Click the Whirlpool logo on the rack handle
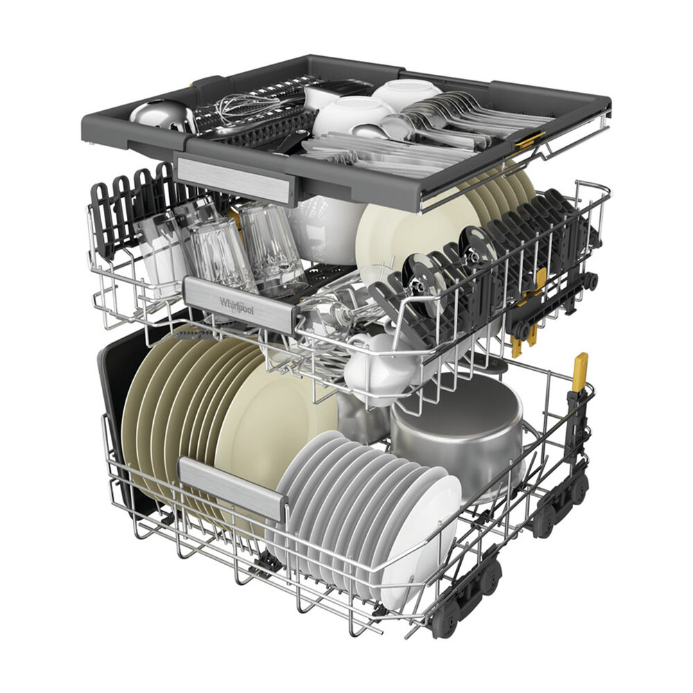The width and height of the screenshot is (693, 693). (x=237, y=306)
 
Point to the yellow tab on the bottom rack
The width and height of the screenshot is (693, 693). (x=580, y=371)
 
